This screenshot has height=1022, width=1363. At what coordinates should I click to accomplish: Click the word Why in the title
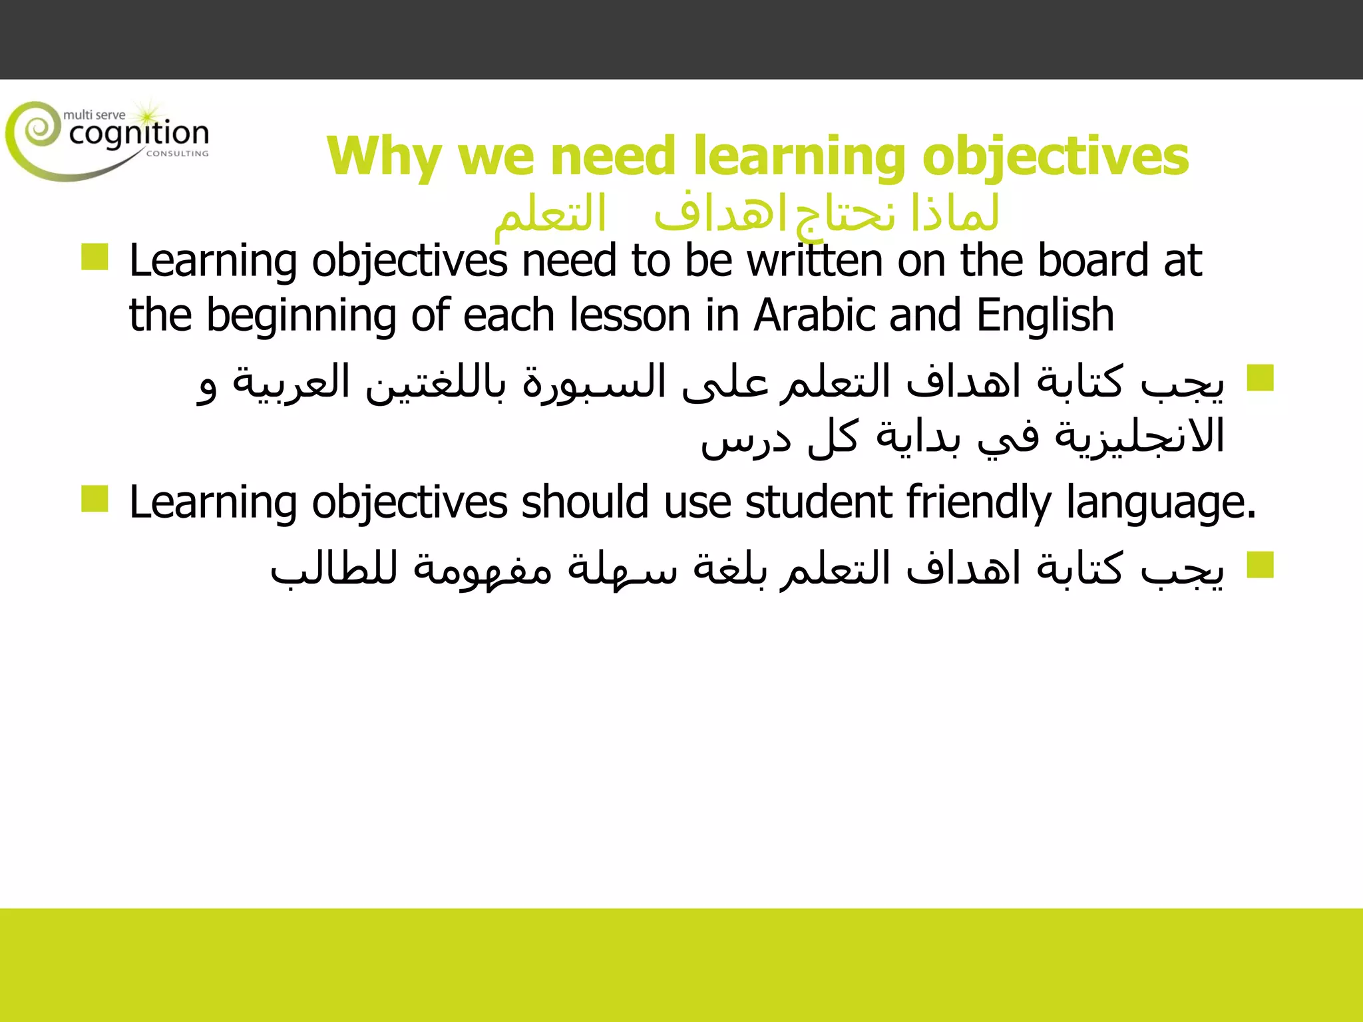click(x=383, y=157)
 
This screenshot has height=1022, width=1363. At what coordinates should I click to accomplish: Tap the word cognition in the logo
click(x=138, y=134)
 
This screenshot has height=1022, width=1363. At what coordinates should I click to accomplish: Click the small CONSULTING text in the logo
click(x=177, y=154)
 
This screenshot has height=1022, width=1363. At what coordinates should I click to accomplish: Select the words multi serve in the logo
click(x=94, y=115)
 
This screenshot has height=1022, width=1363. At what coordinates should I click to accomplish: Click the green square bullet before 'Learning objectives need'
click(x=95, y=257)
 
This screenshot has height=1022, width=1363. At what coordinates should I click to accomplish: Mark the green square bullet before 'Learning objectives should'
click(x=95, y=499)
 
